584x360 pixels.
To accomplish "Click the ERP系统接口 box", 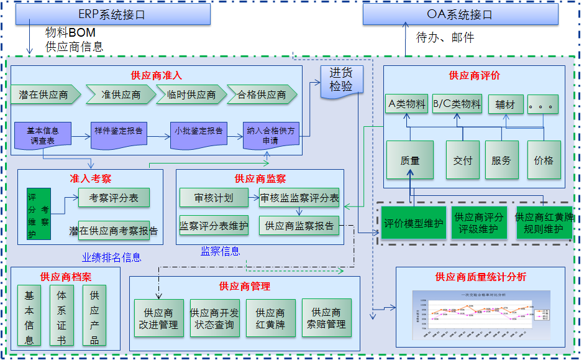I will point(112,14).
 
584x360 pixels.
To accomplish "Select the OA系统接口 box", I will point(460,14).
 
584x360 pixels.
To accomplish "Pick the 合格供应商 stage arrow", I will point(262,95).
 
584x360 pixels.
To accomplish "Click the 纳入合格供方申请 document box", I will point(271,135).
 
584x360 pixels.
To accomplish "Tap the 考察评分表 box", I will point(114,198).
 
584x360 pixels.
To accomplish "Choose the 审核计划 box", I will point(214,198).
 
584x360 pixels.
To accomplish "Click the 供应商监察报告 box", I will point(299,225).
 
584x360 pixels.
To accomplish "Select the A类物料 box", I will point(406,104).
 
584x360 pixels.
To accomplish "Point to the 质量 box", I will point(409,160).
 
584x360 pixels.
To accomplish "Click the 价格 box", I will point(543,160).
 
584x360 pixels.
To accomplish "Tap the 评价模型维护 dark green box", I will point(413,223).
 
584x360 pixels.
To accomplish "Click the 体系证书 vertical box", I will point(62,316).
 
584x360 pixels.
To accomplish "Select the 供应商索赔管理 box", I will point(326,318).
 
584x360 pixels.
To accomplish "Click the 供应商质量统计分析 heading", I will point(480,277).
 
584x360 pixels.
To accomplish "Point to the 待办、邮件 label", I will point(445,38).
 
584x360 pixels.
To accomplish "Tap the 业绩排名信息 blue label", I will point(111,257).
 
